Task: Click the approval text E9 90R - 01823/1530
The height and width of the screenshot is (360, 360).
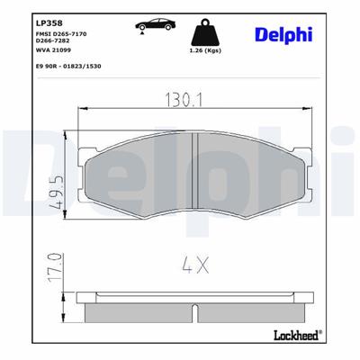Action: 69,67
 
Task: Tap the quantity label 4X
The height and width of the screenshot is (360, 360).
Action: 194,266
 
